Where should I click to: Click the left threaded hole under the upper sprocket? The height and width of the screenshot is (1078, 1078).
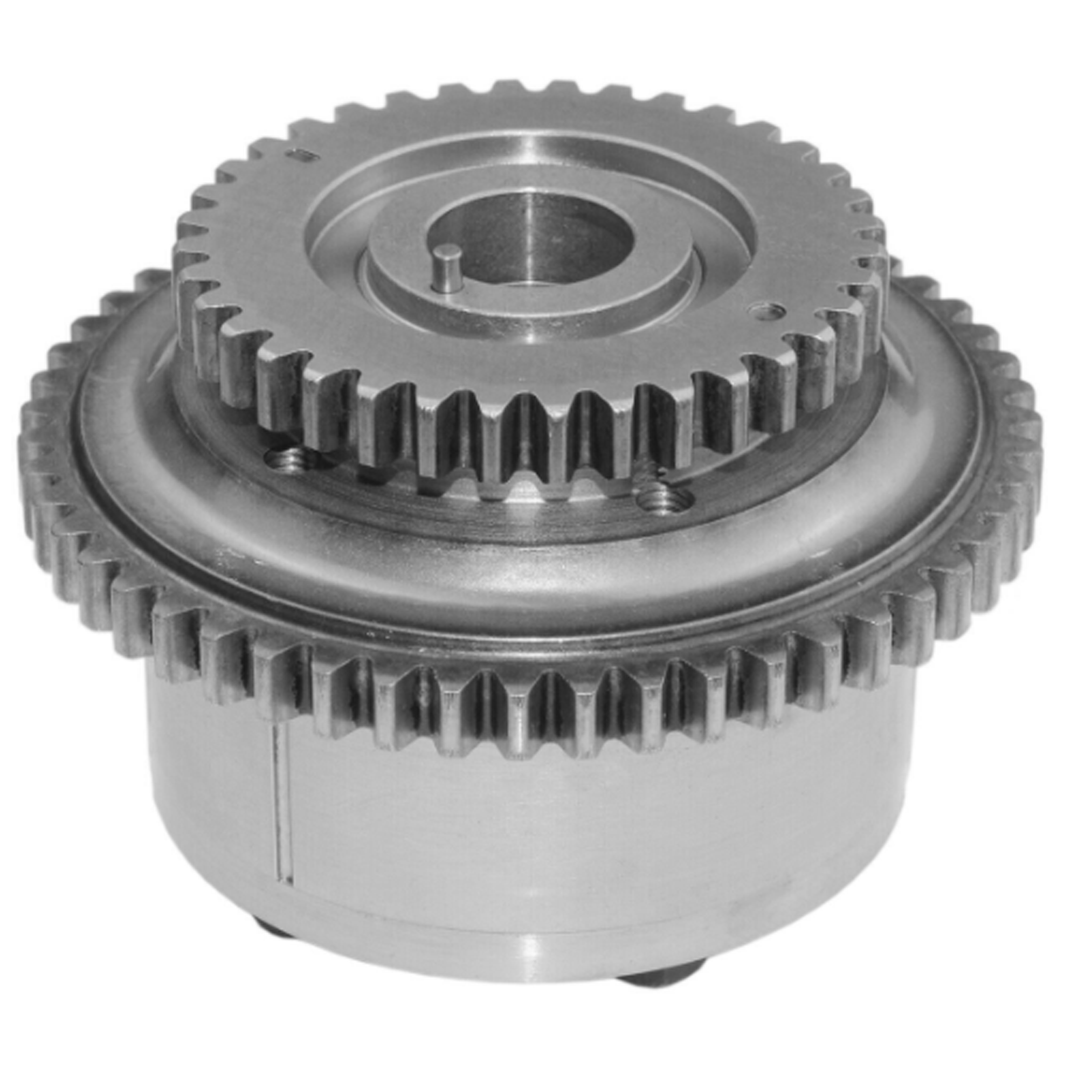pyautogui.click(x=285, y=459)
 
